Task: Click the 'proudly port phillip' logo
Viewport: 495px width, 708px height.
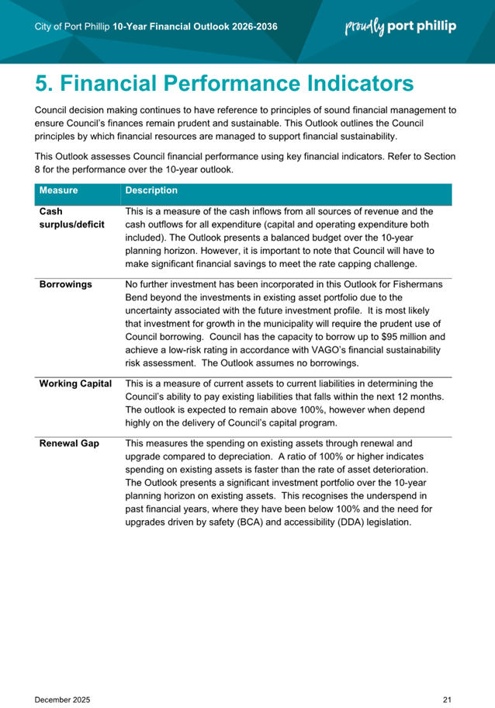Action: [400, 26]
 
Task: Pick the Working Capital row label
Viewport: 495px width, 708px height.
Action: [75, 383]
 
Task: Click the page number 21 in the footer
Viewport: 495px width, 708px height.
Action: [447, 678]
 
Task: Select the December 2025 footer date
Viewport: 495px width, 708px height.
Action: [62, 678]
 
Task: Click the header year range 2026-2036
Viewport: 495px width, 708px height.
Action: [250, 27]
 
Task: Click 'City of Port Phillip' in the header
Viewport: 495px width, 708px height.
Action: [72, 27]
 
